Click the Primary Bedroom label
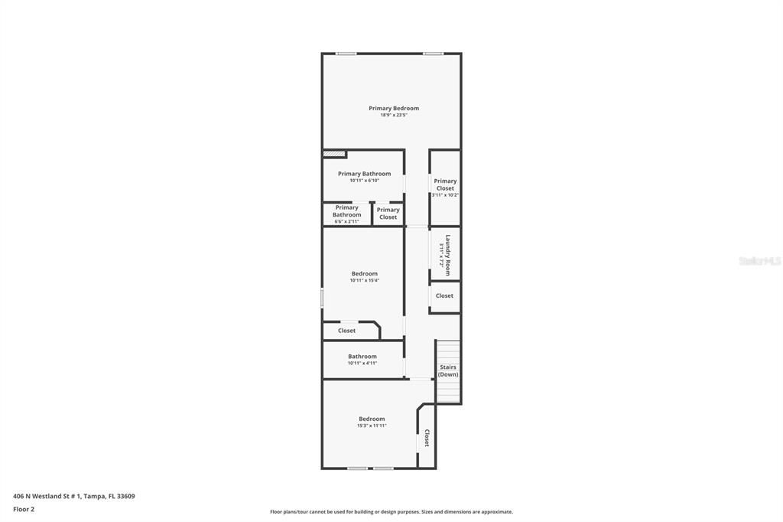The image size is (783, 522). pyautogui.click(x=394, y=108)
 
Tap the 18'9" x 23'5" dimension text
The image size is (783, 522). pyautogui.click(x=394, y=116)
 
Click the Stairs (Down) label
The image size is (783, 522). pyautogui.click(x=448, y=370)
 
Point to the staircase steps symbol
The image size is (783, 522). pyautogui.click(x=449, y=390)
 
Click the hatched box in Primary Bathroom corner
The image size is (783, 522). pyautogui.click(x=334, y=153)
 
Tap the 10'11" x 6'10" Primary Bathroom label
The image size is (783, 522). pyautogui.click(x=364, y=177)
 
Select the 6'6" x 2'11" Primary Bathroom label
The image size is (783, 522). pyautogui.click(x=346, y=214)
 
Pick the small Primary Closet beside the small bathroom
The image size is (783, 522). pyautogui.click(x=388, y=214)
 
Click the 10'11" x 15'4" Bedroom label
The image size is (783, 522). pyautogui.click(x=364, y=276)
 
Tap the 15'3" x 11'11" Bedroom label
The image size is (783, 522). pyautogui.click(x=372, y=422)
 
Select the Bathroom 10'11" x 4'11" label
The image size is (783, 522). pyautogui.click(x=362, y=359)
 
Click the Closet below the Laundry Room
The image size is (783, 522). pyautogui.click(x=444, y=295)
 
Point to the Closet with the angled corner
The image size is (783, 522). pyautogui.click(x=347, y=331)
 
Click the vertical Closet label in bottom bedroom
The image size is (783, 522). pyautogui.click(x=427, y=438)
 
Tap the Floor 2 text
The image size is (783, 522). pyautogui.click(x=24, y=509)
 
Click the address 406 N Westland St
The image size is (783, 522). pyautogui.click(x=74, y=496)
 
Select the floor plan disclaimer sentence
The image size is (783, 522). pyautogui.click(x=391, y=512)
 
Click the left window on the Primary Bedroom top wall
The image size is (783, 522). pyautogui.click(x=346, y=54)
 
